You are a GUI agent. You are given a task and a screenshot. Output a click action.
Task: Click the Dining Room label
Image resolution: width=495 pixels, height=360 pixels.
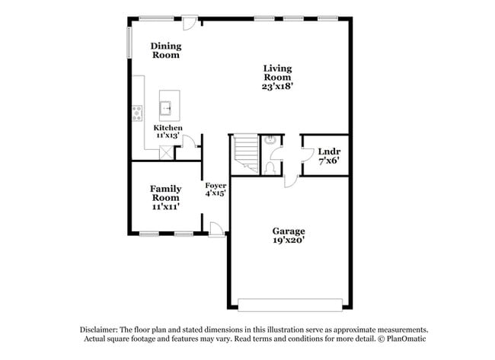click(x=165, y=50)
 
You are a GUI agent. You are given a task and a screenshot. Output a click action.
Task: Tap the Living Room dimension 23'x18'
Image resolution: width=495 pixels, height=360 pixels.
click(x=278, y=87)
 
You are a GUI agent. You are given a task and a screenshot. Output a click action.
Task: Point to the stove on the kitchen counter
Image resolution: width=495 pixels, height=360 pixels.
click(x=137, y=113)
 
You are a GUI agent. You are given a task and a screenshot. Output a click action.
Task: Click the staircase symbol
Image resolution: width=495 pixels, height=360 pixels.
click(x=244, y=152)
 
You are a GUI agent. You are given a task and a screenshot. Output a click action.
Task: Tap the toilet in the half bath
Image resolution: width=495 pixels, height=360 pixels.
click(x=270, y=166)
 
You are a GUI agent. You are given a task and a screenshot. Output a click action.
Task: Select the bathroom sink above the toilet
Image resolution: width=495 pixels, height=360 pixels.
click(x=270, y=140)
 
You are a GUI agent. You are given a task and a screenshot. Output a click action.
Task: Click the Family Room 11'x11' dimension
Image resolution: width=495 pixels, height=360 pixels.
click(x=164, y=206)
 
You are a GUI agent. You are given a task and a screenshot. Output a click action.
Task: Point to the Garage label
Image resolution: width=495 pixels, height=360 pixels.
click(x=289, y=231)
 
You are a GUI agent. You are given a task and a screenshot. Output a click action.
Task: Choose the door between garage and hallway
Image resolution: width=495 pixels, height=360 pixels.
click(x=291, y=181)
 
